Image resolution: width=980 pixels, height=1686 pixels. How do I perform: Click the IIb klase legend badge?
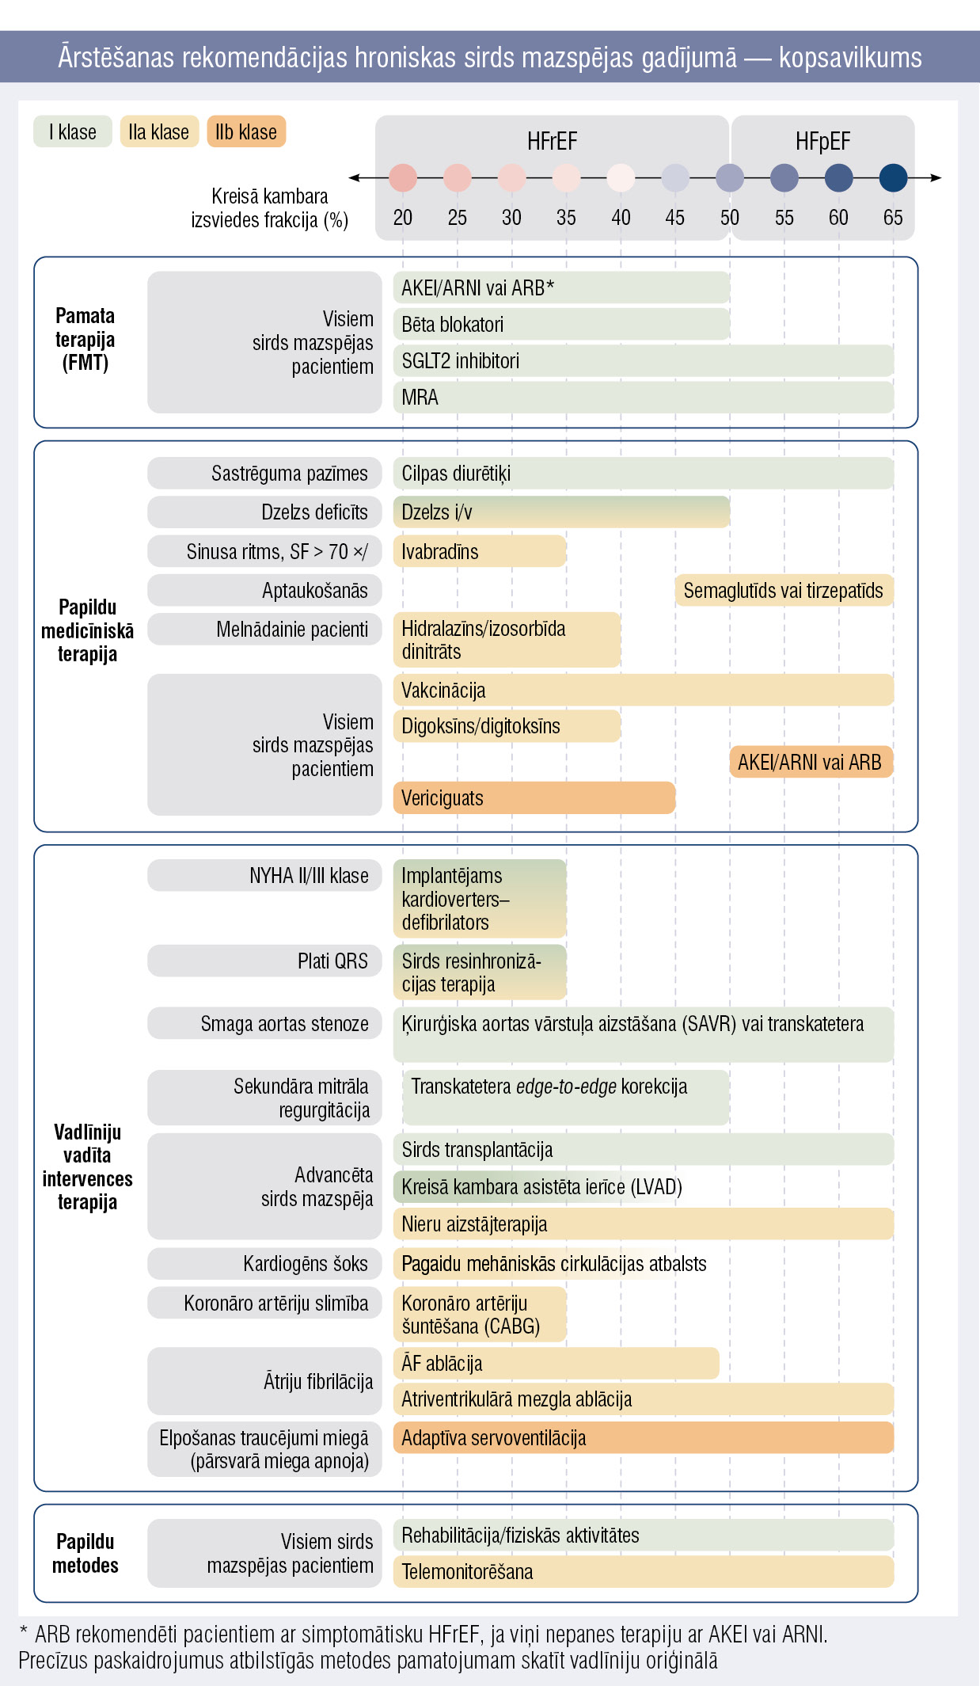click(x=246, y=131)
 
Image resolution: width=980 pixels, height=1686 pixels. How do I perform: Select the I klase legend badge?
click(x=73, y=131)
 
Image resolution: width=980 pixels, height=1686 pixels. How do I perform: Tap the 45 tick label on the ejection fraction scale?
click(x=675, y=218)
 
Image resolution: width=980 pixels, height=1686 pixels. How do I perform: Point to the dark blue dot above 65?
click(x=893, y=177)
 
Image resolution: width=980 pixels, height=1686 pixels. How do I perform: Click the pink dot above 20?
click(x=403, y=177)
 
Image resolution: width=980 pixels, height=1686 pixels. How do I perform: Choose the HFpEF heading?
click(x=823, y=142)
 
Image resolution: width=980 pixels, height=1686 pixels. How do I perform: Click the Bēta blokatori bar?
click(x=561, y=324)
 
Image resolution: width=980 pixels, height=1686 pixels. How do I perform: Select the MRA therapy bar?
click(x=644, y=397)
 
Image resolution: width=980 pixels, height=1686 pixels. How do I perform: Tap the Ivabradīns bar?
click(x=480, y=551)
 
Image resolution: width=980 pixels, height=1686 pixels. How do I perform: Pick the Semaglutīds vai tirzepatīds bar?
click(x=784, y=591)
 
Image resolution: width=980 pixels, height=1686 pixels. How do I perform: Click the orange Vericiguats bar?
click(x=534, y=797)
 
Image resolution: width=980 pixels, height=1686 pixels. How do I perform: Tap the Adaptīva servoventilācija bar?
click(x=644, y=1437)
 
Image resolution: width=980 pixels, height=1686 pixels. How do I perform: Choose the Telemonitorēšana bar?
click(x=644, y=1571)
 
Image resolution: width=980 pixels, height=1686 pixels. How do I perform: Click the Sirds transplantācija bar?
click(x=644, y=1149)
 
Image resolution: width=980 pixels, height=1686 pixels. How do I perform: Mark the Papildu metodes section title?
click(x=85, y=1553)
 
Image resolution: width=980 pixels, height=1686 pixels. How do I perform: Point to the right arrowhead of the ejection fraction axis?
click(x=936, y=177)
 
